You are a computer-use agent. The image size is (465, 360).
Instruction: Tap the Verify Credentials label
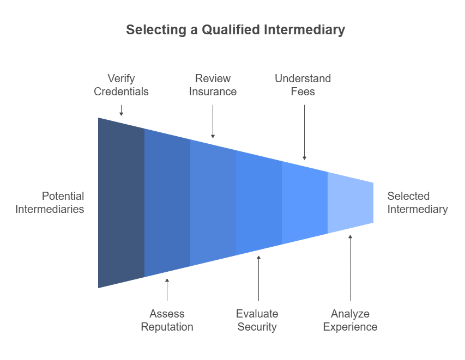pos(121,85)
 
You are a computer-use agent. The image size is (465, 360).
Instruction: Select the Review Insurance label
pos(213,85)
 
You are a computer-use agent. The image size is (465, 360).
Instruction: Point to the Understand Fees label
pos(303,85)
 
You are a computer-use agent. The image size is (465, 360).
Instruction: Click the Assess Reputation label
pos(167,320)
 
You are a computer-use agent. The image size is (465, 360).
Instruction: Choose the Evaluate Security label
pos(257,320)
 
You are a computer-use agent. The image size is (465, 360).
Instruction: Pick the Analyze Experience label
pos(350,320)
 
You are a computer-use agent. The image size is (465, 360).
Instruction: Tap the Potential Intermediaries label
pos(50,203)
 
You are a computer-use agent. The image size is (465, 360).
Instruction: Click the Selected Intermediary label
pos(418,203)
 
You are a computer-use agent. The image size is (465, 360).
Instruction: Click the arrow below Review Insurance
pos(213,121)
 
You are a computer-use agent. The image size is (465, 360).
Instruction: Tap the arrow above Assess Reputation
pos(167,289)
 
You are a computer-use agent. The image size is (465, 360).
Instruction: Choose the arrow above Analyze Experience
pos(350,261)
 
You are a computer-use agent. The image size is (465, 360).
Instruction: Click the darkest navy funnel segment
pos(121,203)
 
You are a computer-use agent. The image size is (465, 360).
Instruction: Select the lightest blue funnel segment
pos(350,203)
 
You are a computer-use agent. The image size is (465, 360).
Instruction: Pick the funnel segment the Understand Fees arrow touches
pos(304,203)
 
